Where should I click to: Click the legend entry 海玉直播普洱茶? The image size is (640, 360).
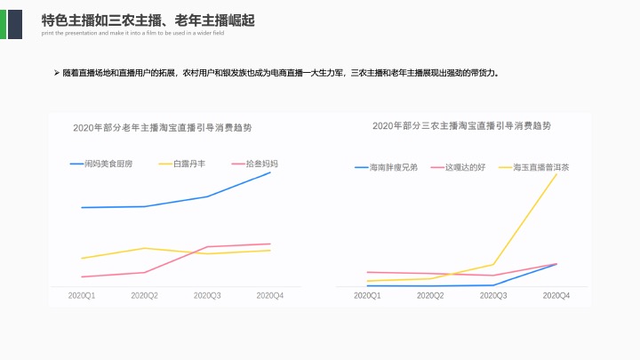(541, 167)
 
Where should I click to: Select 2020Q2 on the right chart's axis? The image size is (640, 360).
(431, 295)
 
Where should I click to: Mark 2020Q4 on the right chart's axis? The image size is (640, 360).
(556, 295)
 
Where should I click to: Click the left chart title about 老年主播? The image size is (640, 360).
(163, 128)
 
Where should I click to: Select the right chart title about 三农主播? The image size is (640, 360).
(461, 126)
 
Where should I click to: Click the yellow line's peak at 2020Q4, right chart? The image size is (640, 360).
(557, 174)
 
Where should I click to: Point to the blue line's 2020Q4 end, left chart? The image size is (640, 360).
(270, 172)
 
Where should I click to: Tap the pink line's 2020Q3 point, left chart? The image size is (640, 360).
(207, 246)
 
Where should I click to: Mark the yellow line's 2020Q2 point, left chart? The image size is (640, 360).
(145, 248)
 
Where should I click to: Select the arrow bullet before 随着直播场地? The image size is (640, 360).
(57, 72)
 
